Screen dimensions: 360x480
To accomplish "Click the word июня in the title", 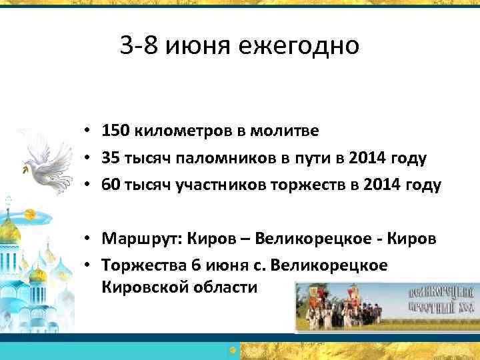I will (191, 47).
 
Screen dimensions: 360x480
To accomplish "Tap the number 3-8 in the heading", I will (139, 47).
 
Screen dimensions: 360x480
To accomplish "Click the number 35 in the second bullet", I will (110, 157).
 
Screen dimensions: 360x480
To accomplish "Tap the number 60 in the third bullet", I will (110, 185).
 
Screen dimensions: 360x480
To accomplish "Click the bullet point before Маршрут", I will (89, 238).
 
